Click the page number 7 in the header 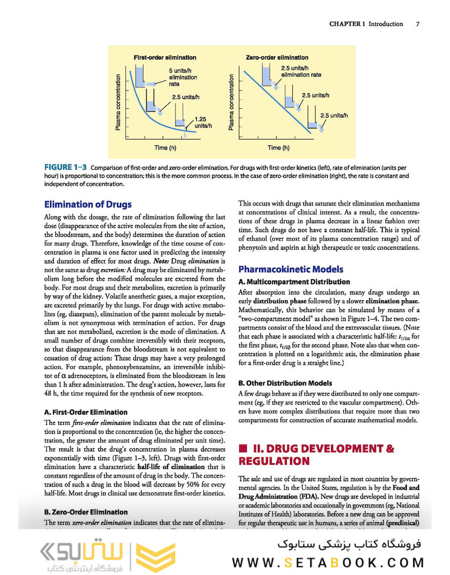417,24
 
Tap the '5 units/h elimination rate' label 183,77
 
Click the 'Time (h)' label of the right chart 279,147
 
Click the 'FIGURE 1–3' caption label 66,168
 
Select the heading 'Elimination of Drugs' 87,204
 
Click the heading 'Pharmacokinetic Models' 291,269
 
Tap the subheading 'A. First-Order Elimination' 85,412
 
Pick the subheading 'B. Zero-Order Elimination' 86,512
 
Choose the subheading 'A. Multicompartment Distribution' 294,282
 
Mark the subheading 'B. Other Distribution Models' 285,383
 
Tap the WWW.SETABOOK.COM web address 327,562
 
